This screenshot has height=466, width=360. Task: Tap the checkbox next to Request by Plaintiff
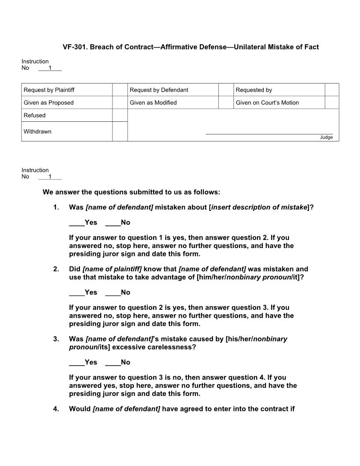click(120, 90)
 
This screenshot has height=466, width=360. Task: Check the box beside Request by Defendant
click(225, 90)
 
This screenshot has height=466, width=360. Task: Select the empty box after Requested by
click(332, 90)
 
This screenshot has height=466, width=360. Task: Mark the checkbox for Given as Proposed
click(120, 102)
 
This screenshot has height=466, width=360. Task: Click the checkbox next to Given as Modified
click(225, 102)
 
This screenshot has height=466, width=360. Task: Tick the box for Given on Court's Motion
click(332, 102)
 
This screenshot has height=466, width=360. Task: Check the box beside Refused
click(120, 115)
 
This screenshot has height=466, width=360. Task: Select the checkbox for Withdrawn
click(120, 132)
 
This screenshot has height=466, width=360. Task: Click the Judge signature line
click(269, 133)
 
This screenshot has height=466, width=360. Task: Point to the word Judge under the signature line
click(326, 137)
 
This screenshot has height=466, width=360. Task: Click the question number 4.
click(56, 409)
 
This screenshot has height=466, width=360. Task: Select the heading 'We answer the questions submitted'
click(131, 192)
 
